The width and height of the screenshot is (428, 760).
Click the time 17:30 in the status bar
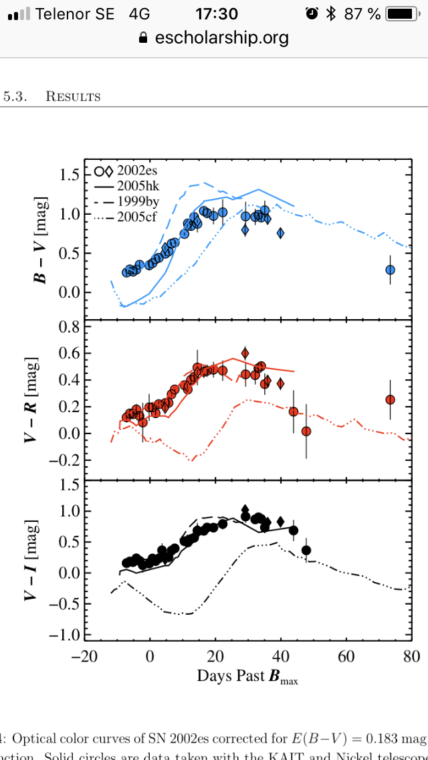pos(217,13)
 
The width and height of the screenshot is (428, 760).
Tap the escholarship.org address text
pos(221,37)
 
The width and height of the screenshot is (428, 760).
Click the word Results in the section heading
pos(73,96)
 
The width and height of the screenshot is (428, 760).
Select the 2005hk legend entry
pos(136,185)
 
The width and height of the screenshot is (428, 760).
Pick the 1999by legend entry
pos(136,201)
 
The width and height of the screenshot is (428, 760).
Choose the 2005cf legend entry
pos(136,216)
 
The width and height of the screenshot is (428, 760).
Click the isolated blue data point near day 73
pos(390,270)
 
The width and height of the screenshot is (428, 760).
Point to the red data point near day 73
pos(390,399)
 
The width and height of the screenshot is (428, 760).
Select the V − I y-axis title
pos(31,559)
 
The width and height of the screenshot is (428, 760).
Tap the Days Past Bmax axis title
pos(247,676)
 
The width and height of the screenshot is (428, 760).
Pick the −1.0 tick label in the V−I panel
pos(62,634)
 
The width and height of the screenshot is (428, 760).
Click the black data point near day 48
pos(306,550)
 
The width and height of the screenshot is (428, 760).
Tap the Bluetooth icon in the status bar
pos(330,13)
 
